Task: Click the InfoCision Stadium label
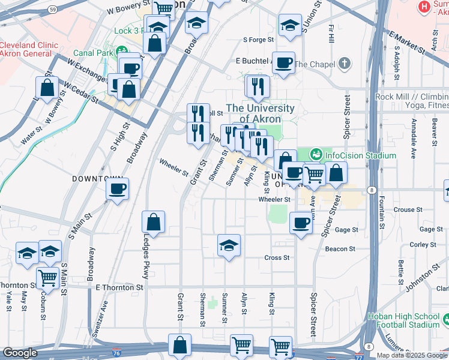coord(360,155)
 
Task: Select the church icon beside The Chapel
coord(345,64)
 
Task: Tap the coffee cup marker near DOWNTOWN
coord(117,189)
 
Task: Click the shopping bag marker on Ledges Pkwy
coord(154,221)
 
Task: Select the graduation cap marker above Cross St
coord(229,245)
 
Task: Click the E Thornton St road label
coord(119,288)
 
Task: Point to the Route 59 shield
coord(53,10)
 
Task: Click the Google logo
coord(20,353)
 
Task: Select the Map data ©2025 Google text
coord(411,355)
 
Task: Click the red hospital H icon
coord(424,7)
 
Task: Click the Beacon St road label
coord(340,248)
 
